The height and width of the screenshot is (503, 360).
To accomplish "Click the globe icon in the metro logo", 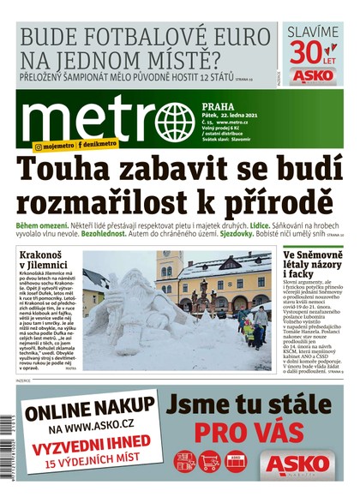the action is (176, 123).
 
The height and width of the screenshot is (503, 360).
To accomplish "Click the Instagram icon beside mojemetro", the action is (38, 147).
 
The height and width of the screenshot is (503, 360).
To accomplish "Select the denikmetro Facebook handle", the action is (100, 147).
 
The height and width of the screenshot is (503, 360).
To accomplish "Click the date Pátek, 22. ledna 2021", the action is (233, 117).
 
